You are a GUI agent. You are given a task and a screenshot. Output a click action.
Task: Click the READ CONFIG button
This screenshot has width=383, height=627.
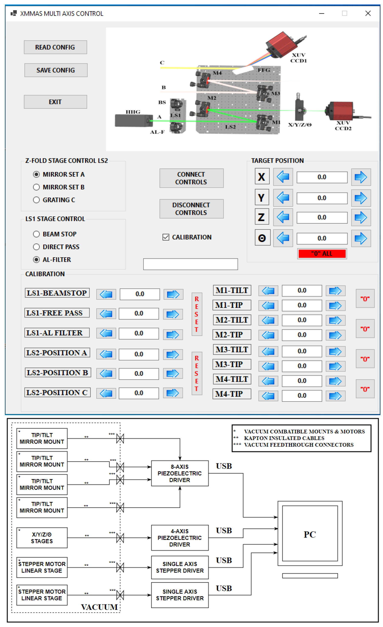(55, 47)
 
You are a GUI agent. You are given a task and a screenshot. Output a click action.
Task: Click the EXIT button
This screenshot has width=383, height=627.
(55, 102)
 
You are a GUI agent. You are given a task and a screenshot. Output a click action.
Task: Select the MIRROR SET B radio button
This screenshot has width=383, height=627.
(36, 187)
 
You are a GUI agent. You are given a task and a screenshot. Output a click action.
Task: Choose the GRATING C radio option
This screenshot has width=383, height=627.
(36, 200)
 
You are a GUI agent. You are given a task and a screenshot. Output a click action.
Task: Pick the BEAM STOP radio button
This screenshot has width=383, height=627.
(36, 234)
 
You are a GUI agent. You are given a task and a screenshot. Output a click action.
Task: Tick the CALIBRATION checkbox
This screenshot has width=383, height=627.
(166, 237)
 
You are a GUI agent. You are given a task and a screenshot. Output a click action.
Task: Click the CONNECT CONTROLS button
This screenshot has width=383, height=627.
(191, 178)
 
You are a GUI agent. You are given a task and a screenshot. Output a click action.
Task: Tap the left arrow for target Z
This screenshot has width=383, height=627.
(283, 217)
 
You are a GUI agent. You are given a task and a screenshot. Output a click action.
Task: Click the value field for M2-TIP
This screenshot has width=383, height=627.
(302, 335)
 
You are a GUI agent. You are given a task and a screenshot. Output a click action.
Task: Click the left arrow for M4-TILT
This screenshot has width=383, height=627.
(268, 381)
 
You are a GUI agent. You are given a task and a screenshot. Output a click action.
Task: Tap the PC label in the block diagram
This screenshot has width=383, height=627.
(310, 534)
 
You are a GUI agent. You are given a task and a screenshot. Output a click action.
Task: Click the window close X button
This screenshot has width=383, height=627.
(368, 13)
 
